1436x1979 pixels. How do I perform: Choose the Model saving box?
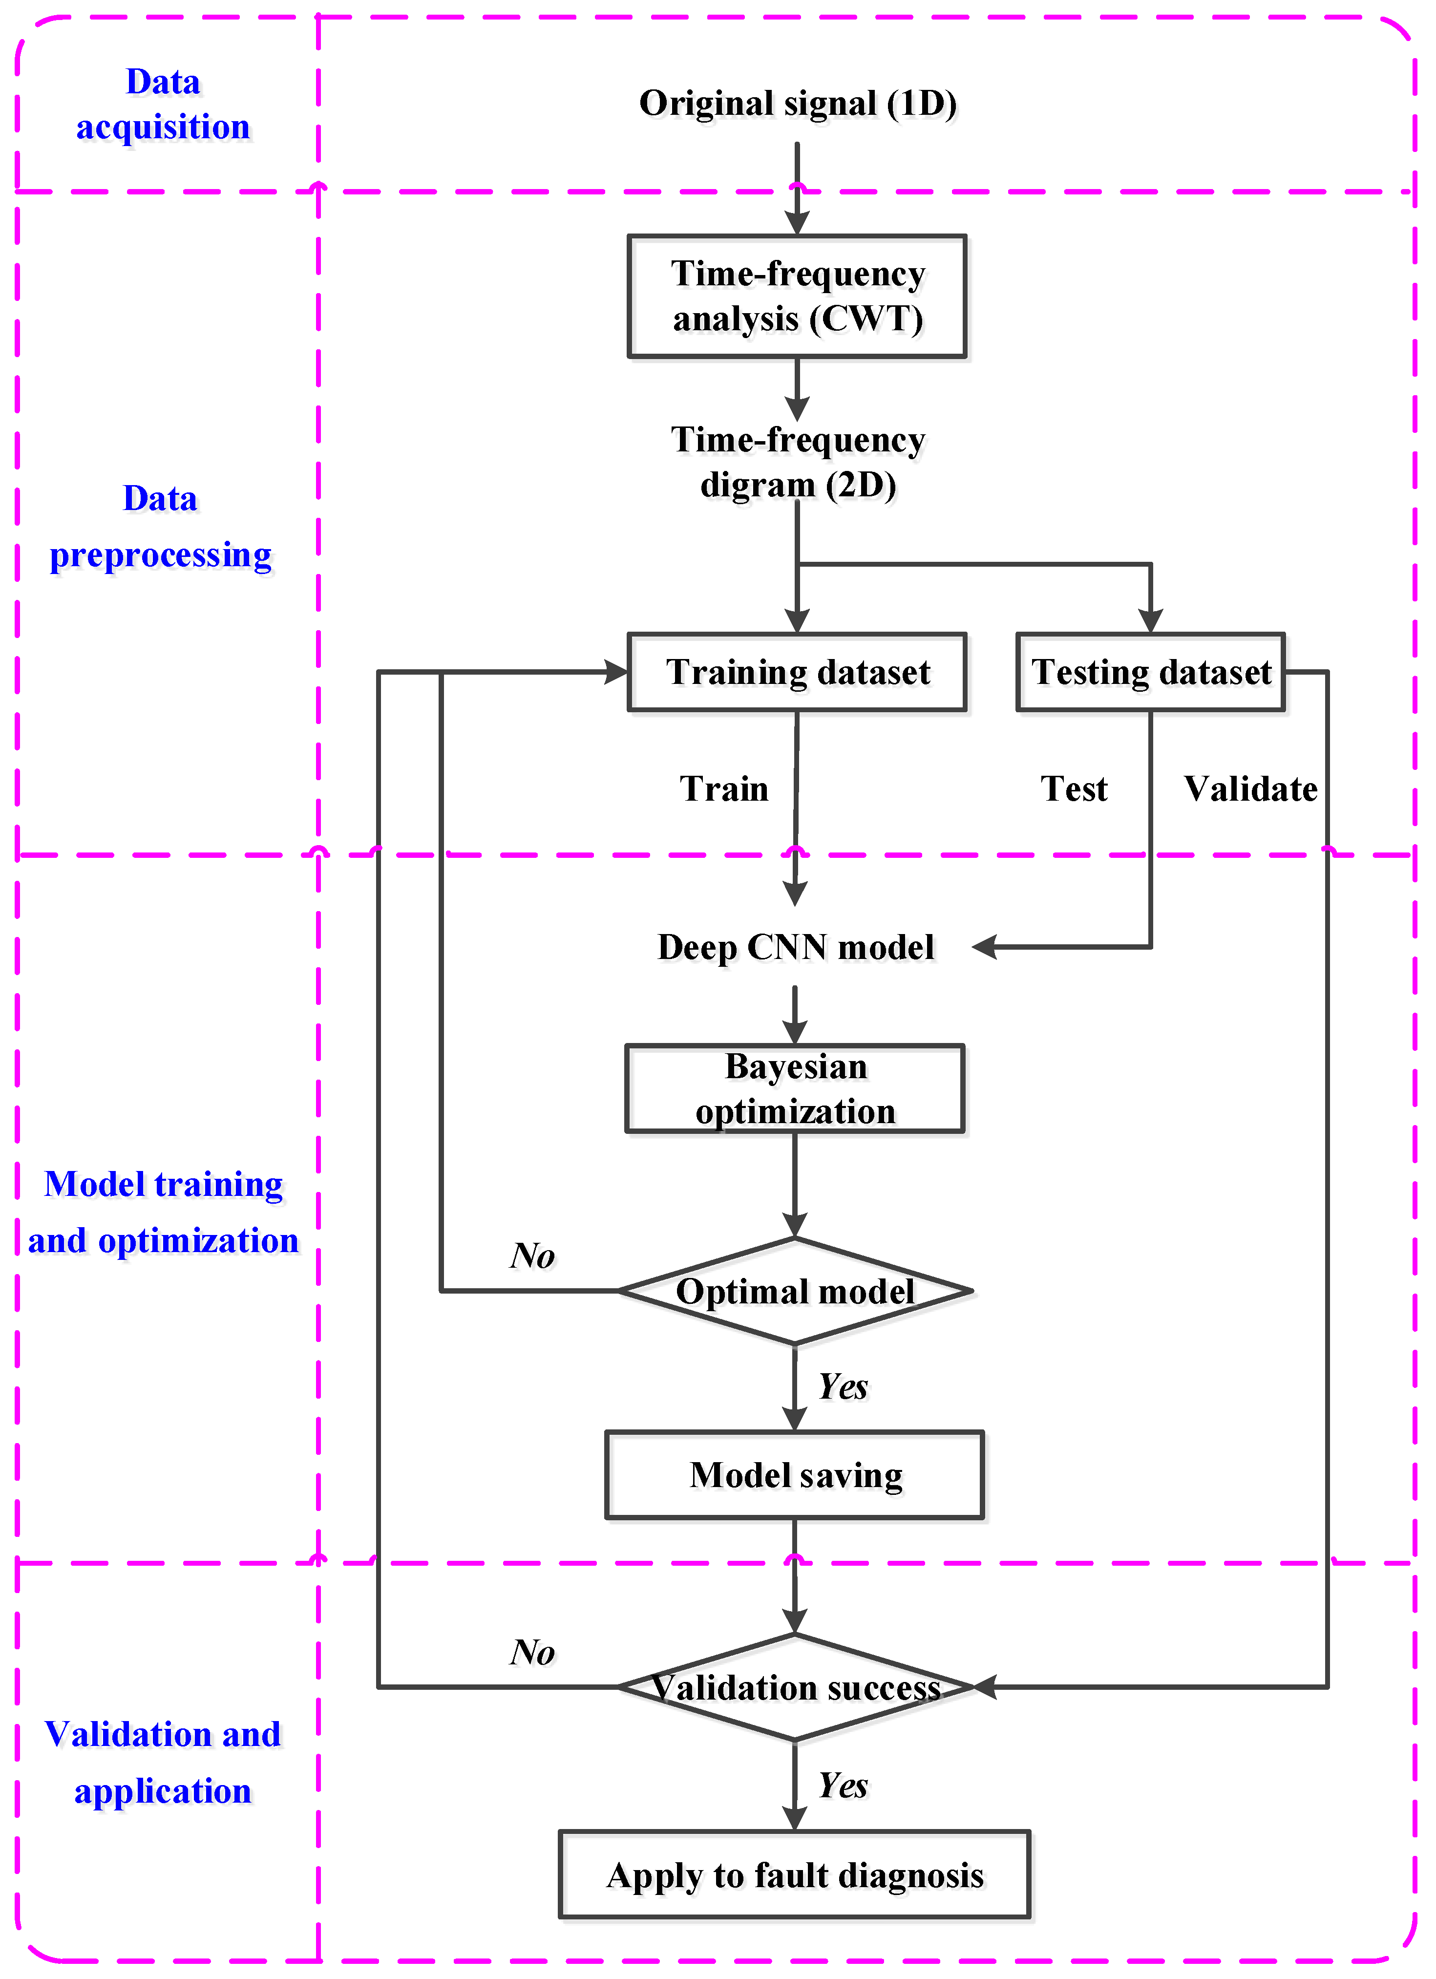click(795, 1475)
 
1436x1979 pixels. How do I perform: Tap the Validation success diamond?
click(795, 1687)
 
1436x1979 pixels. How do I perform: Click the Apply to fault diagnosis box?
click(795, 1875)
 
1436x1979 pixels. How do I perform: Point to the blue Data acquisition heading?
click(163, 105)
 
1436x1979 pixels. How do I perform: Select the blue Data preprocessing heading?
click(161, 527)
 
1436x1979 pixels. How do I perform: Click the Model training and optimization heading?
click(163, 1212)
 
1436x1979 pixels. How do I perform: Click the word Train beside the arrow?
click(724, 789)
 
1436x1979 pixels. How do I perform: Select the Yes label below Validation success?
click(843, 1785)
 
